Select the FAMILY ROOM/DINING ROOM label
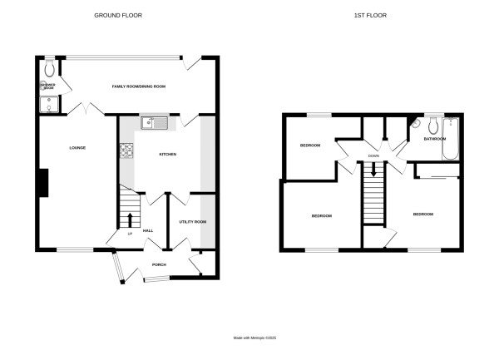[x=139, y=86]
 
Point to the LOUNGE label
[x=77, y=148]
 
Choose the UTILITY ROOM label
[x=192, y=222]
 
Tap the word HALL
[x=148, y=230]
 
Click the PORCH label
[x=159, y=265]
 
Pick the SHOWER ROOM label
[x=47, y=86]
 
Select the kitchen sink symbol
[x=154, y=124]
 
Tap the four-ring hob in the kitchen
[x=128, y=150]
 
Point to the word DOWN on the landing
[x=373, y=155]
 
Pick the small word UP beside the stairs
[x=129, y=234]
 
